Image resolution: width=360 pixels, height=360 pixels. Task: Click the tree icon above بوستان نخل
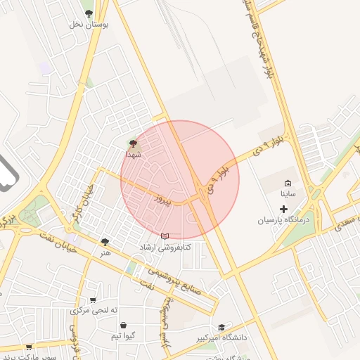coord(88,13)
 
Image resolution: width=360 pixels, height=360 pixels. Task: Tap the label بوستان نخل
coord(86,24)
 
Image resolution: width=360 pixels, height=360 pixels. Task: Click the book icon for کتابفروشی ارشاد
coord(165,236)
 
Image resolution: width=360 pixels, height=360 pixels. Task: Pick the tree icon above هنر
coord(105,241)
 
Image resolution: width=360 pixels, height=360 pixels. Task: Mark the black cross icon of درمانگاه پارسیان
coord(283,209)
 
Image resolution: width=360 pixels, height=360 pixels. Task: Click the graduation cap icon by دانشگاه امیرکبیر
coord(222,328)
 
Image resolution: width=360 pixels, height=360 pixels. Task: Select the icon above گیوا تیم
coord(124,325)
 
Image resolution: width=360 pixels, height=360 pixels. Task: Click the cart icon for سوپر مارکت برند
coord(28,347)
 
